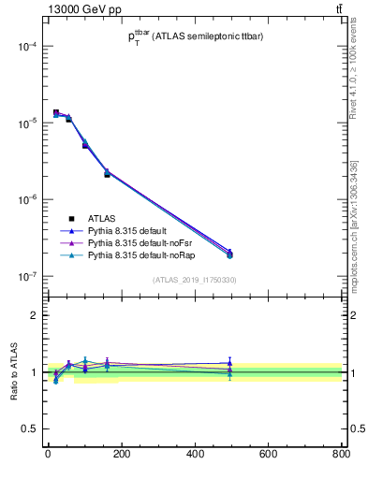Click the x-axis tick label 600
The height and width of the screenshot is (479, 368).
click(268, 456)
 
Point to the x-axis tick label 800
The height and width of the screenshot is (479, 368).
click(340, 456)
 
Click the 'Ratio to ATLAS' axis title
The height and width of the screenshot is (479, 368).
click(13, 372)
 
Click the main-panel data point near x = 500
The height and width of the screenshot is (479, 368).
click(229, 254)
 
